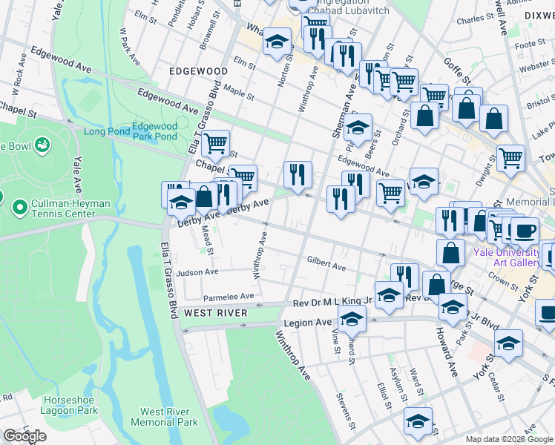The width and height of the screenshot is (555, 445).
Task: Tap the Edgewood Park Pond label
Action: pyautogui.click(x=154, y=131)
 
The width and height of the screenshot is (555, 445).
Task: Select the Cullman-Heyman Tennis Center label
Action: pyautogui.click(x=60, y=209)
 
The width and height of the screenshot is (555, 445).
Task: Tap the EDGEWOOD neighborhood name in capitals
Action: pyautogui.click(x=198, y=71)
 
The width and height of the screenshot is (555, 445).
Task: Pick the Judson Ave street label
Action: pyautogui.click(x=197, y=272)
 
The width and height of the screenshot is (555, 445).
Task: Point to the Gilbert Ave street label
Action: pyautogui.click(x=326, y=265)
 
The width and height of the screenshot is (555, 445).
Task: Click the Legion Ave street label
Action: pyautogui.click(x=305, y=323)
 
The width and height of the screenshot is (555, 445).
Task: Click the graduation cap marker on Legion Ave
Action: pyautogui.click(x=352, y=320)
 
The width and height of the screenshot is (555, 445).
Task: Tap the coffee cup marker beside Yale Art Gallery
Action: pyautogui.click(x=525, y=230)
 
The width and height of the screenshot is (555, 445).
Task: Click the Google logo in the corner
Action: pyautogui.click(x=24, y=436)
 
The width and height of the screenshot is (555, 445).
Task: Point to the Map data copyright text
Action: pyautogui.click(x=510, y=439)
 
